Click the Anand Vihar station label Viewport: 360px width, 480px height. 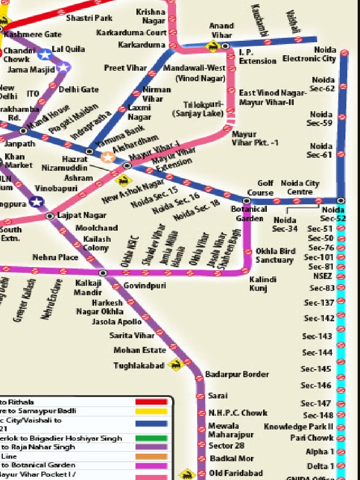click(221, 30)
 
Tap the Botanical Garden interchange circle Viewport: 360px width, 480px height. click(247, 201)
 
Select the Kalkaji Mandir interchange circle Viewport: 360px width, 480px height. click(103, 273)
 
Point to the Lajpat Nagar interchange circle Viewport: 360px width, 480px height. click(50, 216)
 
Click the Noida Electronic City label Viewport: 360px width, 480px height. click(309, 54)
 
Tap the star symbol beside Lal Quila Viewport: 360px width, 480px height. click(45, 55)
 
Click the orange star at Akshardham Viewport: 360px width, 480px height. click(108, 157)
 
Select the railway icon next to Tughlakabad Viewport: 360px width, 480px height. click(176, 364)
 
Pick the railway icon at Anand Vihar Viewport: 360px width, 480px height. click(213, 46)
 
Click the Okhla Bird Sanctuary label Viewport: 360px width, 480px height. click(275, 255)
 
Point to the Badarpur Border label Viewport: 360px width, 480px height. click(237, 374)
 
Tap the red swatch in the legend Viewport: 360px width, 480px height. click(151, 402)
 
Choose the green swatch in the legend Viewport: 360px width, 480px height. click(151, 438)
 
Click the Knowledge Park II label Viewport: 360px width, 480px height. click(299, 427)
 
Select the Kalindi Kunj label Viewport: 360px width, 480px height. click(263, 284)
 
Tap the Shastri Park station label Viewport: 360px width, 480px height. click(89, 18)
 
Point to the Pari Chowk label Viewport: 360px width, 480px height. click(312, 438)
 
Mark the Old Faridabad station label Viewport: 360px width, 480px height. click(236, 473)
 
